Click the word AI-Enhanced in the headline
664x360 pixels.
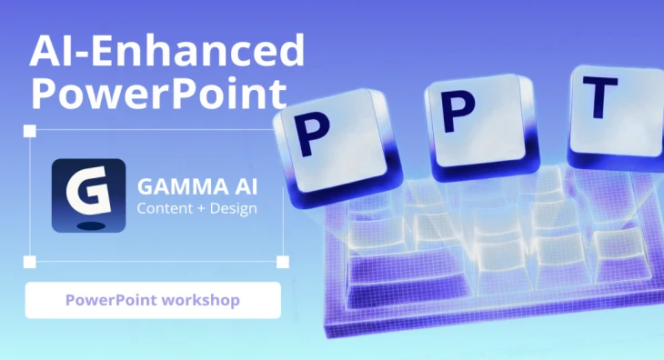166,52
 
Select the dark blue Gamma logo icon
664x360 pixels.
88,196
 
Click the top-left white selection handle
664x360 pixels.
29,132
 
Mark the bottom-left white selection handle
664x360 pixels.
29,263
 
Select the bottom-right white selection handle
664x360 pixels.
282,263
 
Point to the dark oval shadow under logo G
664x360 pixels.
88,223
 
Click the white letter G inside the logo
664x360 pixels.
87,191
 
